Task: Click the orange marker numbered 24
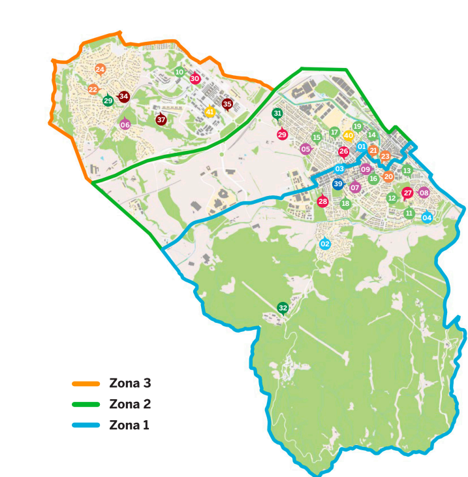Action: point(100,69)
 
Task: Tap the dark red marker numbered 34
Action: point(123,97)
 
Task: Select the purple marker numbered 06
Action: point(125,125)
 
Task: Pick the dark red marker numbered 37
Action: point(161,120)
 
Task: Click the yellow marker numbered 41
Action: point(210,112)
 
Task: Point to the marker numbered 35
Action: point(227,103)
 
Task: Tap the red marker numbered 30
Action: point(195,78)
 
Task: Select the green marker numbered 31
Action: point(277,114)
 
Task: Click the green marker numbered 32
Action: point(283,308)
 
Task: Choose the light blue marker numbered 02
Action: point(325,244)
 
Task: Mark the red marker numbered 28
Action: point(322,202)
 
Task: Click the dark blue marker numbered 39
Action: point(337,184)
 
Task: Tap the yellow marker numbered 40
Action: point(349,135)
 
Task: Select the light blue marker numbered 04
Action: point(427,218)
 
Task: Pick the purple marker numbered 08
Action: point(424,193)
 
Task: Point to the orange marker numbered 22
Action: point(93,89)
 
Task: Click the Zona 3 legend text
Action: point(131,384)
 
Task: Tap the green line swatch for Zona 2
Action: point(86,404)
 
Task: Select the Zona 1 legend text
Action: point(129,425)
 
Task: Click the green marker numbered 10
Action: point(179,72)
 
